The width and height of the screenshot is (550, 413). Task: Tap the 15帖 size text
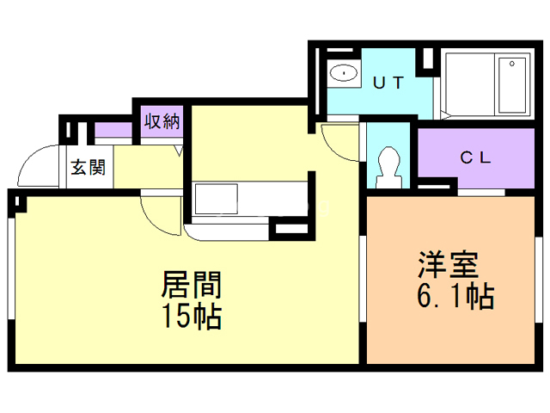click(191, 316)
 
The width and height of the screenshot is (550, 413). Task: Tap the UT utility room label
click(388, 82)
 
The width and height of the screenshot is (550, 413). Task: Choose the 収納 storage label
click(161, 121)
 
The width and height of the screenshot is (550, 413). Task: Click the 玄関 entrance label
click(88, 167)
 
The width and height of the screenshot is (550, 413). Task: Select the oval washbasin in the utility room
click(345, 72)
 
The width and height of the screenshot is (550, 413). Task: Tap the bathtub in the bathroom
click(512, 83)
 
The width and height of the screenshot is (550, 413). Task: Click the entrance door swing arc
click(34, 169)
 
